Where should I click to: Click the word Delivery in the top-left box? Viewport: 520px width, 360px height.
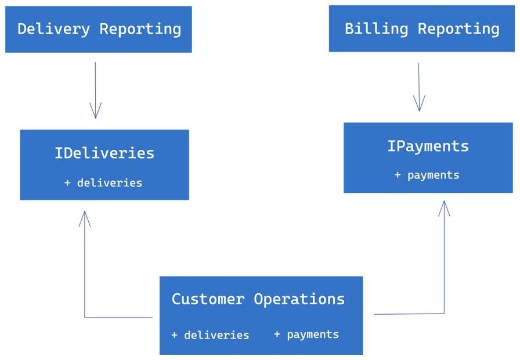54,29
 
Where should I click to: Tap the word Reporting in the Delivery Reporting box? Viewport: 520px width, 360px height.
140,30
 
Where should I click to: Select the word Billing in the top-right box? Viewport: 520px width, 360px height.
377,29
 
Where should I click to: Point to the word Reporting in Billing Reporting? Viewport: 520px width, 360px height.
458,29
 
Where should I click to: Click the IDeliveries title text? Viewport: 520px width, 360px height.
104,153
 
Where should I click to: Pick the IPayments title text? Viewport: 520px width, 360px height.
428,146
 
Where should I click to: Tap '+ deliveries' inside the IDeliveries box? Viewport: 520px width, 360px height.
103,182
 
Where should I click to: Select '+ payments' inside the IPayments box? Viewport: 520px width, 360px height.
427,175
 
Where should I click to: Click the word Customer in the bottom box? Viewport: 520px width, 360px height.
208,298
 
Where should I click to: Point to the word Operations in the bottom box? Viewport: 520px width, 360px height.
299,299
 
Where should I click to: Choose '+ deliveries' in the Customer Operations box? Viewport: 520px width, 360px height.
210,335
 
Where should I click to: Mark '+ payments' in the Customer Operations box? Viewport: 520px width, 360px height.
306,334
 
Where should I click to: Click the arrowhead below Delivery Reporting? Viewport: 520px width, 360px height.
96,110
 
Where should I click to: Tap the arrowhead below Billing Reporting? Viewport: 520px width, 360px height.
419,103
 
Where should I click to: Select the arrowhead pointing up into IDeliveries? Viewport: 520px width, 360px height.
85,219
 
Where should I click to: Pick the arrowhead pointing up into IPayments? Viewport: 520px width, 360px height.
444,208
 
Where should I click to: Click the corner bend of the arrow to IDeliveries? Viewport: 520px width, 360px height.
85,318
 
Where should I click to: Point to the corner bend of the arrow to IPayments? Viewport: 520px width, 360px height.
444,313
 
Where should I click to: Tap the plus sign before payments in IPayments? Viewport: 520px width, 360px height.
398,175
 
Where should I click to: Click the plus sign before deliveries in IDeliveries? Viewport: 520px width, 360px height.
67,182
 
